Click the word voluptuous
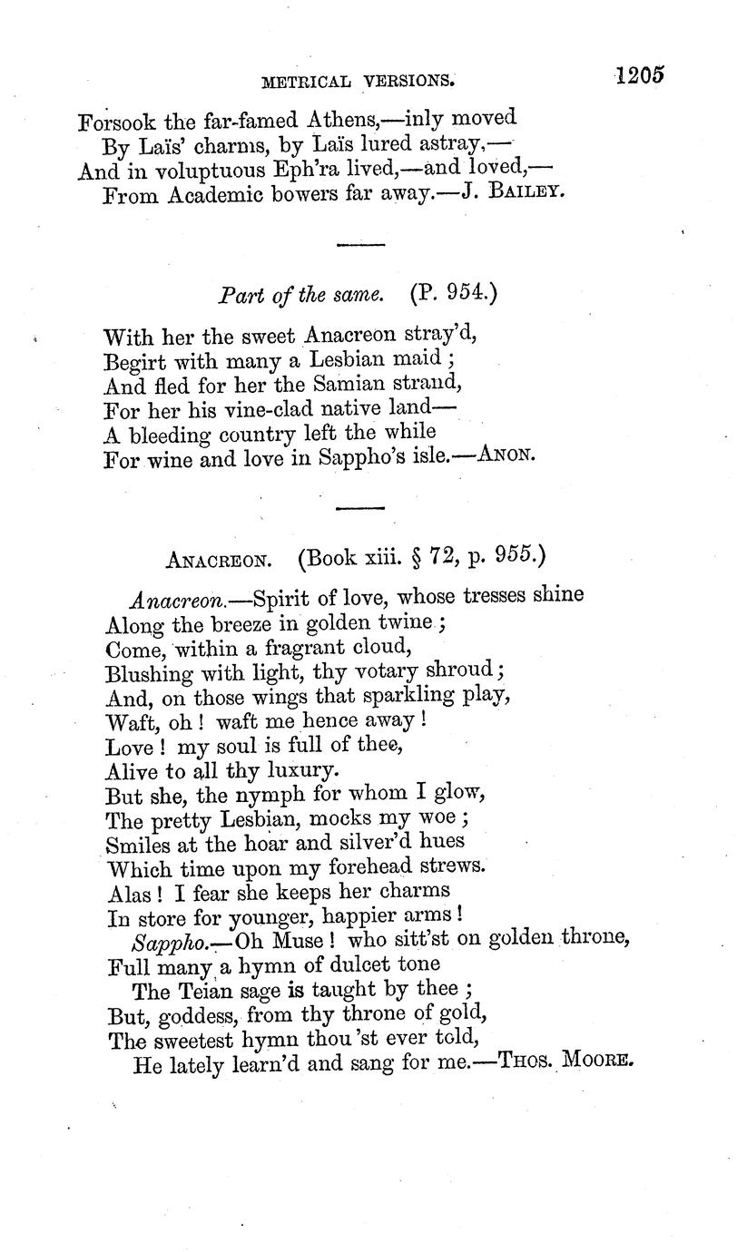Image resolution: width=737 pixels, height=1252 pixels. pyautogui.click(x=200, y=170)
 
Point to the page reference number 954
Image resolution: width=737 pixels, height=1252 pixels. pyautogui.click(x=458, y=294)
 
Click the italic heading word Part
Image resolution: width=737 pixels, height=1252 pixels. pyautogui.click(x=238, y=296)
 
